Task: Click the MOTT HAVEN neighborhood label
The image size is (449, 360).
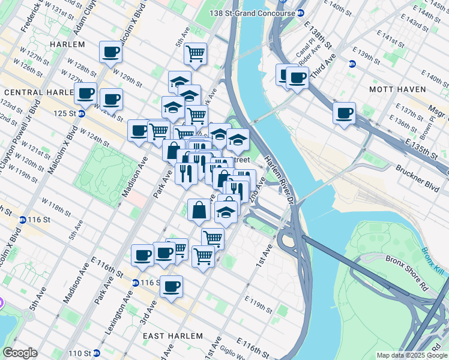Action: point(397,89)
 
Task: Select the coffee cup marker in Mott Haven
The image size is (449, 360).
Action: point(344,113)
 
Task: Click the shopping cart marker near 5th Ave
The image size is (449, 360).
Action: point(195,54)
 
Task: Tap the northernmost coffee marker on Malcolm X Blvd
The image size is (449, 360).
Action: point(110,52)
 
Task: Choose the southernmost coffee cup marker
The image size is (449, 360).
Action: point(171,286)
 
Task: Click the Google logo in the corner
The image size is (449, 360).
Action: point(20,353)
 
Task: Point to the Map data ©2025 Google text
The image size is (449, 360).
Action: point(411,355)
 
